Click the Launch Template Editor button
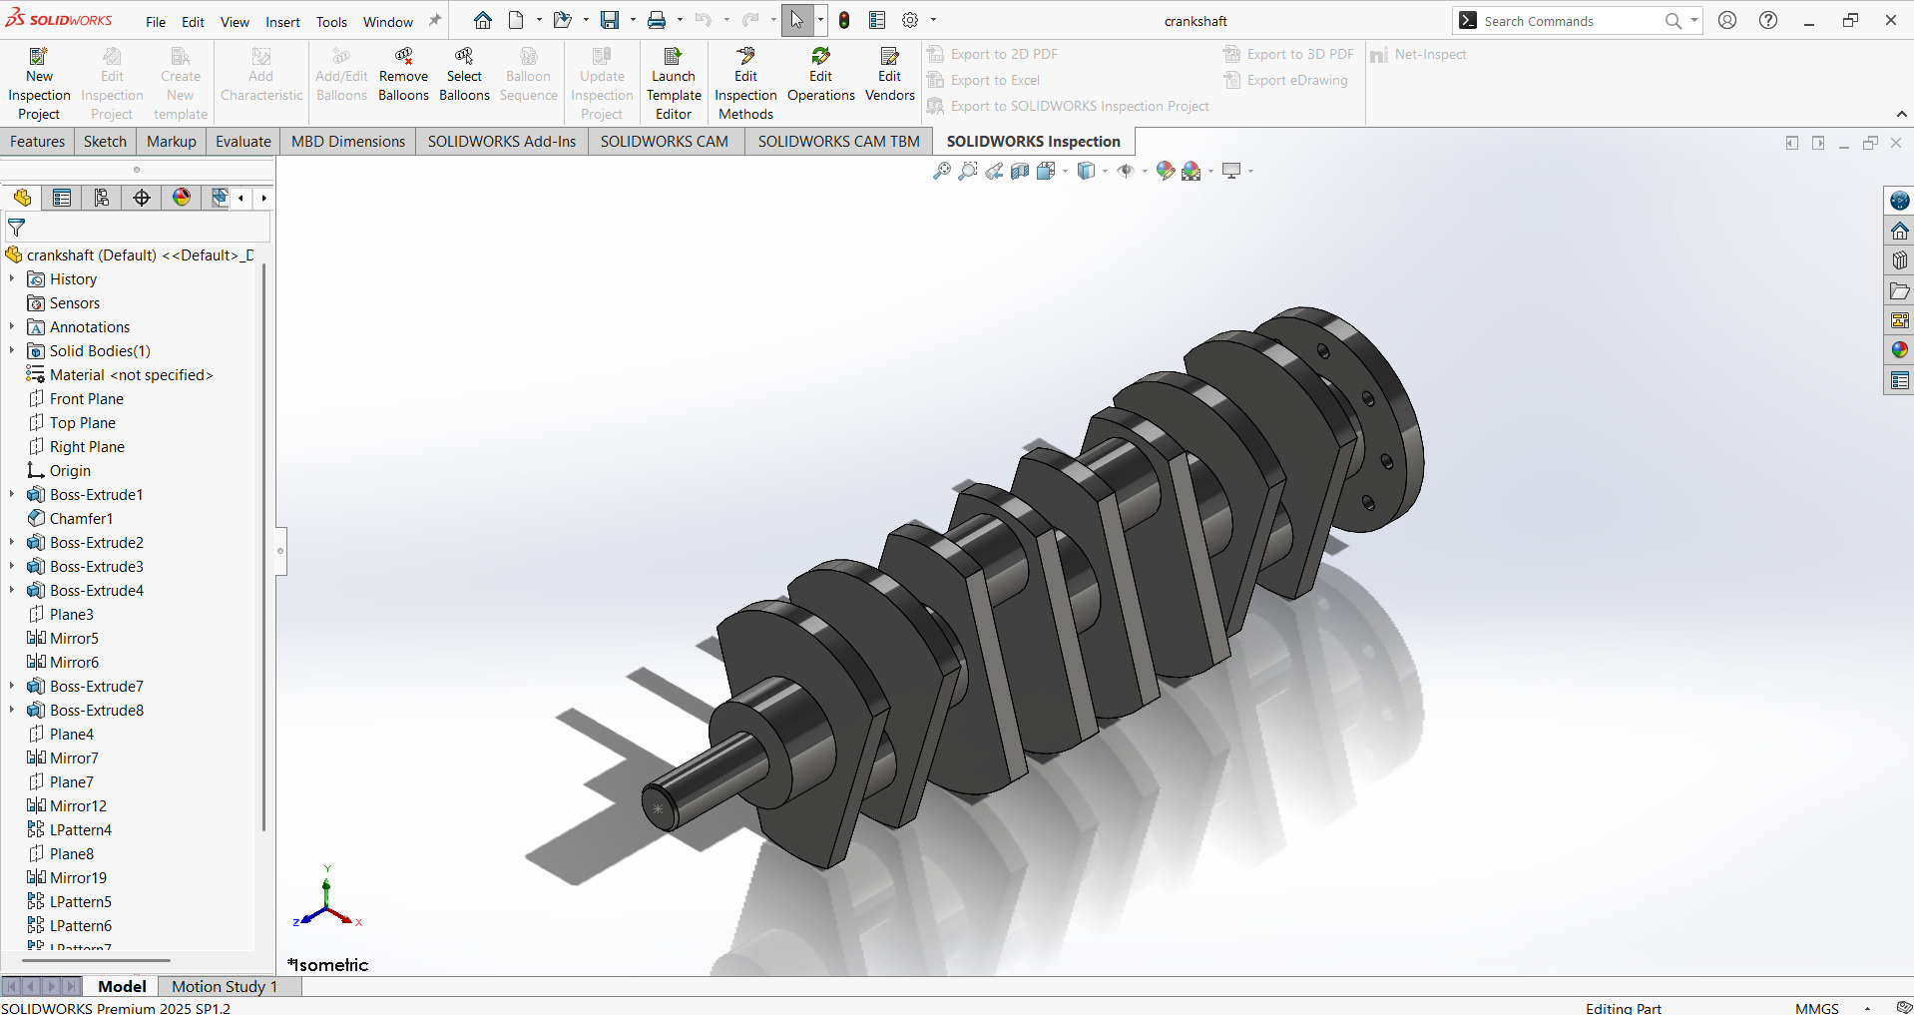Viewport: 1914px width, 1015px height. click(673, 84)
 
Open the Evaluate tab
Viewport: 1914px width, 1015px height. click(242, 142)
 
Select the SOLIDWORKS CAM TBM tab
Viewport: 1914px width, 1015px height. click(837, 142)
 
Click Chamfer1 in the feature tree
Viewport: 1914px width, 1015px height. click(81, 519)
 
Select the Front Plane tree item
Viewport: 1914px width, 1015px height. click(86, 399)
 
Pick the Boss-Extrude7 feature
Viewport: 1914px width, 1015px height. click(96, 687)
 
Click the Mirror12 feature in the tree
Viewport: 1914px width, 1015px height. click(78, 806)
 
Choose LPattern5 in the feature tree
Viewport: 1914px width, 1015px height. click(80, 902)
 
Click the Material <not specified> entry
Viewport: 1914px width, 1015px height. click(131, 375)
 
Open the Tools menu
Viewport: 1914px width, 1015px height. click(331, 22)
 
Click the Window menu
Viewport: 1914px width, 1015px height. click(387, 22)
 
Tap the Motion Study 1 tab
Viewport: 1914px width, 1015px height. click(224, 986)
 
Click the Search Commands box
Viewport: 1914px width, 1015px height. click(1567, 21)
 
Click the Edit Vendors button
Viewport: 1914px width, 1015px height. click(889, 76)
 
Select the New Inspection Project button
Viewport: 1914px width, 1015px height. click(39, 84)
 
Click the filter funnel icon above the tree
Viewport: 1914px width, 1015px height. click(17, 229)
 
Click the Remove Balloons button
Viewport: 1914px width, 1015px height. click(403, 76)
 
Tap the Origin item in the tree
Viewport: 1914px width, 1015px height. click(70, 471)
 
